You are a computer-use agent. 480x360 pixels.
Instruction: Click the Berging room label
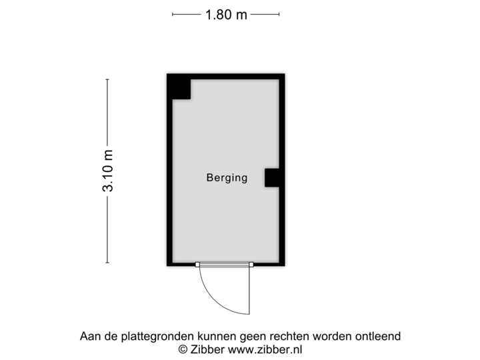point(227,178)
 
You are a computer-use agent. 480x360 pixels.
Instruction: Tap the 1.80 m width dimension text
point(226,14)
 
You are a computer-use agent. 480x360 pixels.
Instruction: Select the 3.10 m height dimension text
point(107,171)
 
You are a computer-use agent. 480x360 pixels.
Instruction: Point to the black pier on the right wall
point(272,178)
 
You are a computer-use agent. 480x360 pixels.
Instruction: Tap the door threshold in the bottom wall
point(225,265)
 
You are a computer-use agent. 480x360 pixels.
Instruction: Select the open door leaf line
point(249,290)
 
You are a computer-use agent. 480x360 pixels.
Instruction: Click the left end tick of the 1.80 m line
point(173,13)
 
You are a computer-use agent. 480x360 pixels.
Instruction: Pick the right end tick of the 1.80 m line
point(279,13)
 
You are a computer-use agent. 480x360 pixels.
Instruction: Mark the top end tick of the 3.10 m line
point(107,79)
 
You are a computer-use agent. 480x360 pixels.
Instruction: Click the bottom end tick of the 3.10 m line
point(107,263)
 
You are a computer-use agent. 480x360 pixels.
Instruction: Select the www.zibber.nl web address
point(264,349)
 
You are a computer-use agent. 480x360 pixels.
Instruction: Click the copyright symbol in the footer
point(181,349)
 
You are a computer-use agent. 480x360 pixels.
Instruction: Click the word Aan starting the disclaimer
point(89,337)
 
